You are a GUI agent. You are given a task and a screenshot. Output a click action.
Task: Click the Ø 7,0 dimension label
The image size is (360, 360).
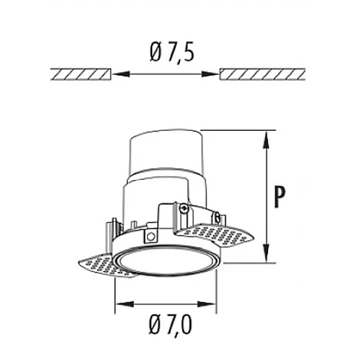170,325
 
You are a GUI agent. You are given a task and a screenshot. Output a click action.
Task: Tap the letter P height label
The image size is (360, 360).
280,197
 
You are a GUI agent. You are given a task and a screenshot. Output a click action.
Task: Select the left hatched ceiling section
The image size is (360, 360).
81,74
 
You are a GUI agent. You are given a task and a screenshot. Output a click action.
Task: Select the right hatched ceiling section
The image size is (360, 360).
262,74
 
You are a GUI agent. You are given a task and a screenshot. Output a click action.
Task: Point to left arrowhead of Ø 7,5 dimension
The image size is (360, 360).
122,74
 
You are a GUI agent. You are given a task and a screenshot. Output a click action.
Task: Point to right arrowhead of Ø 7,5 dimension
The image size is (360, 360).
209,74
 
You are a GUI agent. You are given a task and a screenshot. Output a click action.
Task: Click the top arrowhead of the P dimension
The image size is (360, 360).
267,140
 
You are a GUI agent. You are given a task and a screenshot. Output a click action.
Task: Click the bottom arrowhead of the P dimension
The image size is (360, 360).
267,253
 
